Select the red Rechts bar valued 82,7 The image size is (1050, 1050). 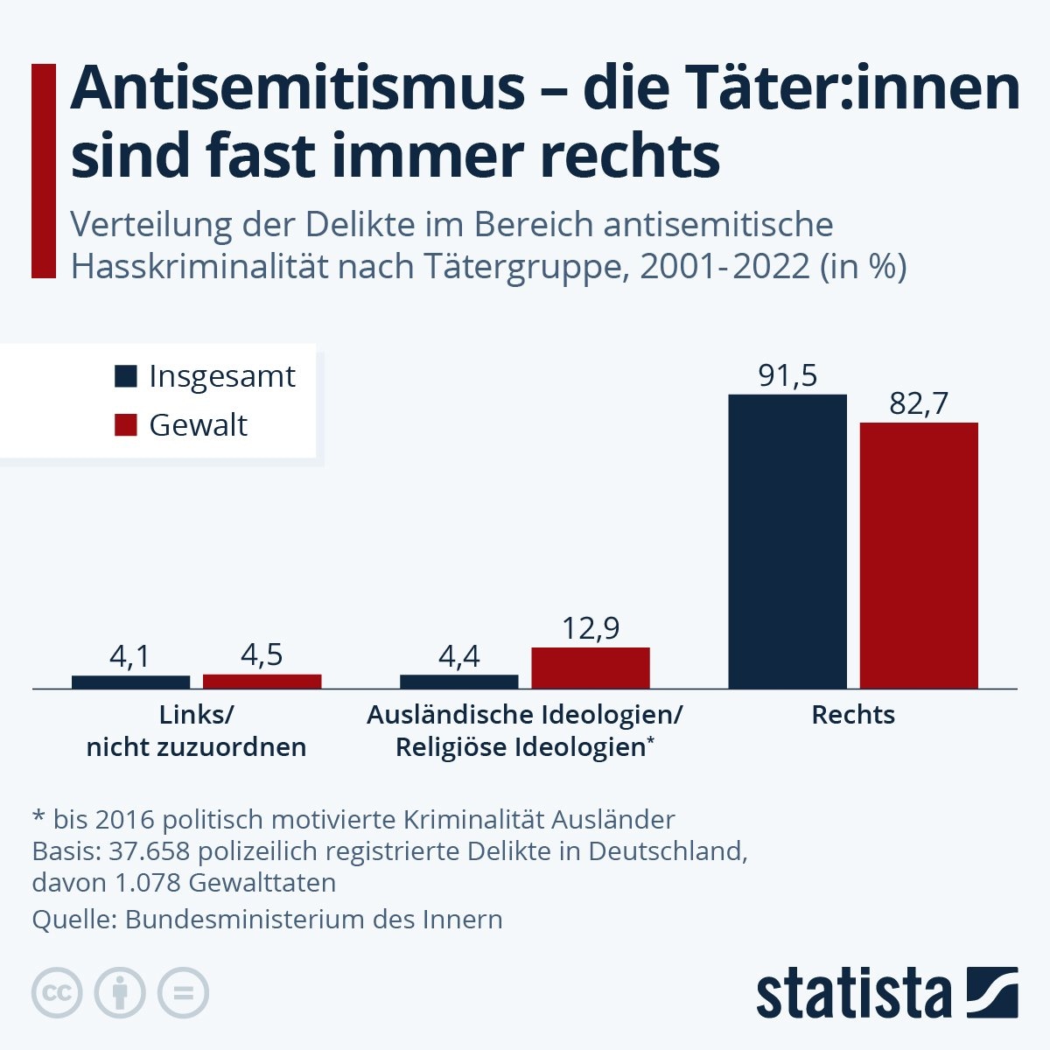tap(919, 555)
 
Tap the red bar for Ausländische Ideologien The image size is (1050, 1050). tap(591, 668)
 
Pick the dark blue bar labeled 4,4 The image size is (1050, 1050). tap(458, 682)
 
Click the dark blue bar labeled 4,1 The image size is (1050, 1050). tap(130, 682)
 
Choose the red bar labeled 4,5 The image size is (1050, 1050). tap(262, 681)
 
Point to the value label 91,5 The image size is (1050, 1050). tap(787, 375)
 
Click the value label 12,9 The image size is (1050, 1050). tap(591, 628)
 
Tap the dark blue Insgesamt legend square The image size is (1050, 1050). tap(126, 376)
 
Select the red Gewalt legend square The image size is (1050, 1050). tap(126, 425)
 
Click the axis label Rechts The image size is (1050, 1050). tap(853, 715)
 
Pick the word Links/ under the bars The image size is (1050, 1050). tap(196, 715)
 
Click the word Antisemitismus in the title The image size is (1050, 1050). tap(297, 88)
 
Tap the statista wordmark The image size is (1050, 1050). tap(853, 994)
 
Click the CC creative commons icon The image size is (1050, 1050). tap(57, 993)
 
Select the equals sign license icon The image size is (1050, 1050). tap(183, 993)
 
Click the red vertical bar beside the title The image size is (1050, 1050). tap(43, 171)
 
